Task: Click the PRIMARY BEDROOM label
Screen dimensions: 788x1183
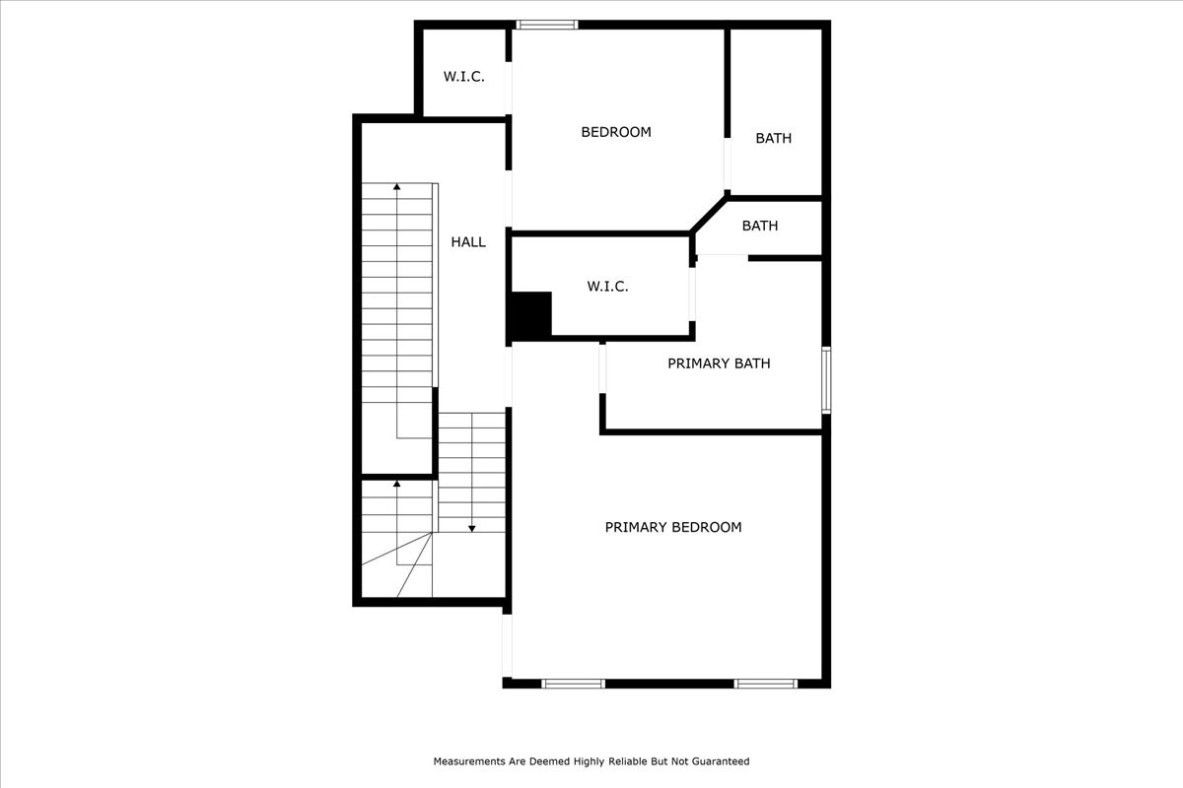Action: coord(672,527)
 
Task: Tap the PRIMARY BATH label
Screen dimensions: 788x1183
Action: coord(719,363)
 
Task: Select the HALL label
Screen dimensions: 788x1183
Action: coord(468,241)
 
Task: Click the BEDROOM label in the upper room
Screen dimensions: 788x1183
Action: coord(615,132)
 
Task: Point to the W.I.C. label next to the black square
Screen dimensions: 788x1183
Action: coord(607,287)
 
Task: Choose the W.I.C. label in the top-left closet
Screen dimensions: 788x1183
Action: coord(463,77)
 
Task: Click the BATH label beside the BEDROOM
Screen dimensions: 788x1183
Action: coord(773,138)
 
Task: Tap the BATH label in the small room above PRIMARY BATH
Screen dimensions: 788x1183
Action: coord(759,226)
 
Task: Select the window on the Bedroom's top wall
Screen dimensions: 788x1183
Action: coord(547,25)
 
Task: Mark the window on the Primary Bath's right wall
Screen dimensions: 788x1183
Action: coord(826,379)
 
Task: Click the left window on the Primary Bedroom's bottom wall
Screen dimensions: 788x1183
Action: coord(573,683)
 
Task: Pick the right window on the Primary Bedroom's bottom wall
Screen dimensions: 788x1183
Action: coord(765,683)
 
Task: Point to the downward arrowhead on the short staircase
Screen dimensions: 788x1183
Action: coord(472,528)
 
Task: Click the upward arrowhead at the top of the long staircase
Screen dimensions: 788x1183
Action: coord(397,186)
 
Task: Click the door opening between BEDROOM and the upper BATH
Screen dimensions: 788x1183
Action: coord(728,164)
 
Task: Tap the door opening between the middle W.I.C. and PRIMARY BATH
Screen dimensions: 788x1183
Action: coord(692,294)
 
